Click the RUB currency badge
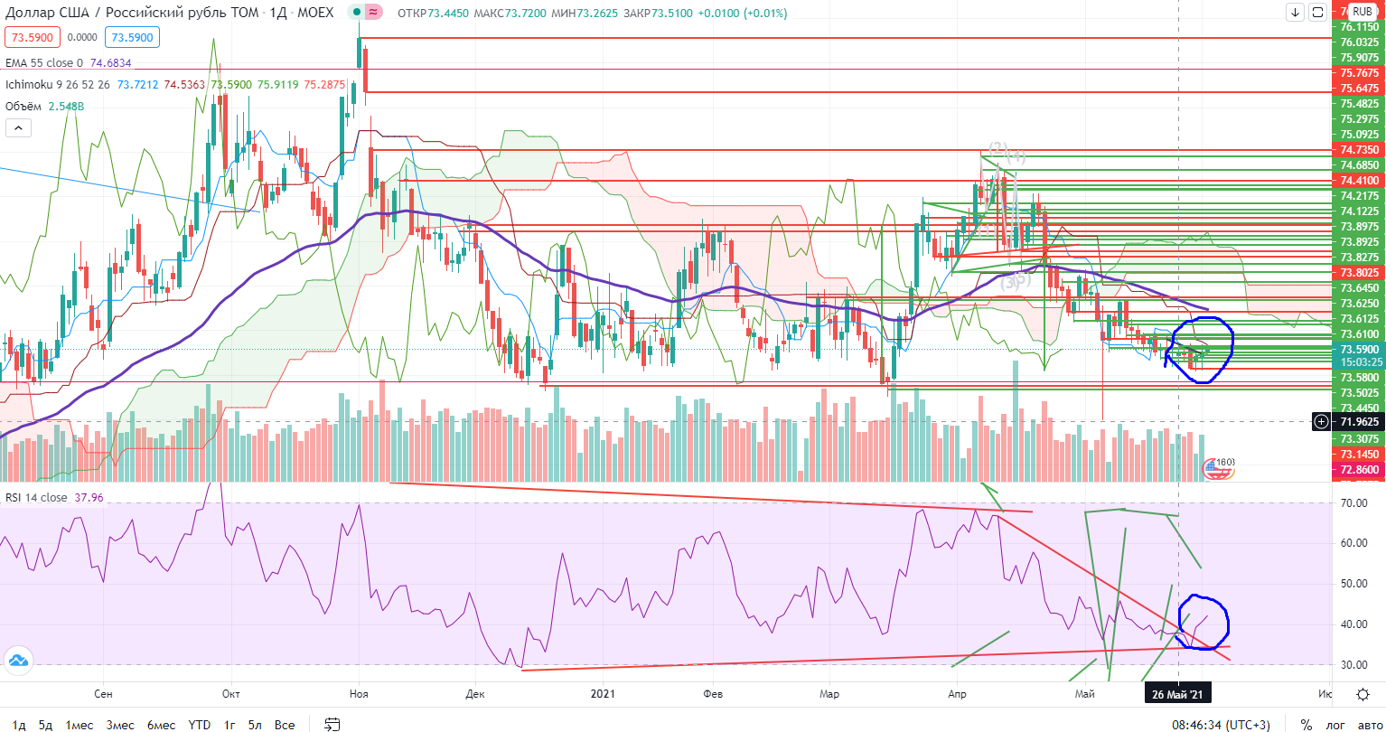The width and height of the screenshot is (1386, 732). [x=1362, y=13]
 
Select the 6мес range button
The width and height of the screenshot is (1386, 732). [x=161, y=725]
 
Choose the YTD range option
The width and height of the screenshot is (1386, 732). [x=200, y=725]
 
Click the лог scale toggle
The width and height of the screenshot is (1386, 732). [x=1333, y=725]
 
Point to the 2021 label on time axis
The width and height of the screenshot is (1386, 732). [x=603, y=694]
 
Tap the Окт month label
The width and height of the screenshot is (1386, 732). [x=231, y=694]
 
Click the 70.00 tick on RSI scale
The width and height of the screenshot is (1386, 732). [x=1356, y=503]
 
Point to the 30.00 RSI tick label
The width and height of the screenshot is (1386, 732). [x=1356, y=665]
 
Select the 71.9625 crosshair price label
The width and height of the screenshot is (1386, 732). [x=1359, y=421]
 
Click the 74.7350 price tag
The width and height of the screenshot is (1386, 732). [x=1359, y=149]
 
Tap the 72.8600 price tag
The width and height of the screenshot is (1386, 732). [x=1359, y=471]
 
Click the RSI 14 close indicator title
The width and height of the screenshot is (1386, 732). [x=36, y=496]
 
